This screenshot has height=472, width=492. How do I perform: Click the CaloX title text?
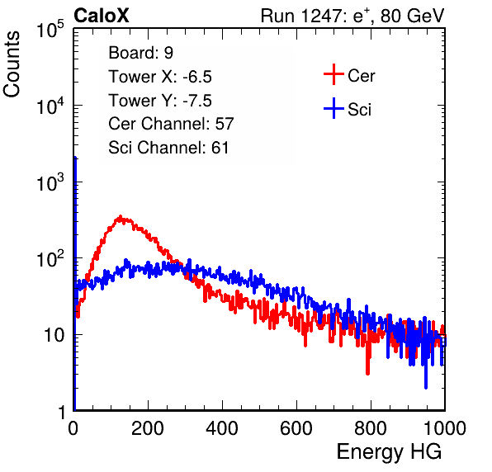pyautogui.click(x=101, y=16)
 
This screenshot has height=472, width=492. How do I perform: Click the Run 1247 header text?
pyautogui.click(x=352, y=16)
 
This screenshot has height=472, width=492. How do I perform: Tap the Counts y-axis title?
pyautogui.click(x=12, y=64)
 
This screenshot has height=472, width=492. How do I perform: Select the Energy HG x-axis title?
pyautogui.click(x=389, y=452)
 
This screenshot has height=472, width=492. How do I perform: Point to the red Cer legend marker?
pyautogui.click(x=334, y=74)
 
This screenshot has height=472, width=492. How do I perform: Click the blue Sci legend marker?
pyautogui.click(x=334, y=108)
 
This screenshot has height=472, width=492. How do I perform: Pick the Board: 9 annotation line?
pyautogui.click(x=140, y=53)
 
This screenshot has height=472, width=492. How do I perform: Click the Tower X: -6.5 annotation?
pyautogui.click(x=160, y=77)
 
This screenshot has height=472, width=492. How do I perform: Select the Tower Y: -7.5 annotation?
pyautogui.click(x=160, y=101)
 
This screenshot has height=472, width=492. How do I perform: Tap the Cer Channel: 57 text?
pyautogui.click(x=171, y=124)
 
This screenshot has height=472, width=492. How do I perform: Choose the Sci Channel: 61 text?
pyautogui.click(x=168, y=148)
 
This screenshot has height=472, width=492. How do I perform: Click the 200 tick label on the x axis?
pyautogui.click(x=148, y=428)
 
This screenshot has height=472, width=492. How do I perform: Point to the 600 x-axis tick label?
pyautogui.click(x=296, y=428)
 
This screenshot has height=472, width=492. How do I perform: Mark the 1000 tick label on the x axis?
pyautogui.click(x=445, y=428)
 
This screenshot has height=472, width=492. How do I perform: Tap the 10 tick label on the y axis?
pyautogui.click(x=54, y=335)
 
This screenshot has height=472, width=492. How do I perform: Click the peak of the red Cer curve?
pyautogui.click(x=121, y=216)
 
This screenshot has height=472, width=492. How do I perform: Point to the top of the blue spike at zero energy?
pyautogui.click(x=75, y=158)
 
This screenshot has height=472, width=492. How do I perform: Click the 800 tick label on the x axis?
pyautogui.click(x=371, y=428)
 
